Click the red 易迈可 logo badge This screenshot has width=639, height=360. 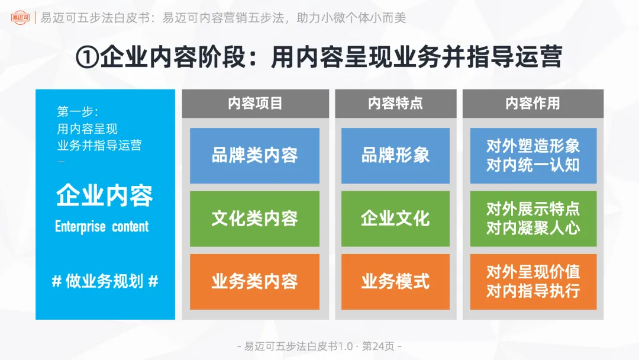click(x=20, y=18)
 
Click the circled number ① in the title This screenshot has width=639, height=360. click(x=88, y=57)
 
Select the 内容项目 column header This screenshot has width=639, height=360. click(x=255, y=104)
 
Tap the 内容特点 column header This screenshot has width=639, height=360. click(x=395, y=104)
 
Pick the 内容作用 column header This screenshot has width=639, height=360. click(x=532, y=104)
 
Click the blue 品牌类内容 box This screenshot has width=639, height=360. click(x=254, y=156)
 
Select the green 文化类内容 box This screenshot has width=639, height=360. click(x=254, y=218)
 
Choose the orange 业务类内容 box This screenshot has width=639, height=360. click(x=254, y=281)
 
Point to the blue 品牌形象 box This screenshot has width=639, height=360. click(x=395, y=156)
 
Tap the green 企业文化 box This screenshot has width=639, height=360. click(x=395, y=218)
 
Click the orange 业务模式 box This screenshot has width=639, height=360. click(x=395, y=281)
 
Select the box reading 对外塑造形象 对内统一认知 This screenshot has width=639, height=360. click(x=533, y=156)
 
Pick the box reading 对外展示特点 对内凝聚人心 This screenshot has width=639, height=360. click(x=533, y=218)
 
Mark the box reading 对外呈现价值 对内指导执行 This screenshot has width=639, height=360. click(x=533, y=281)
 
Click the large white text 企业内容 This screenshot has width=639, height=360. click(x=105, y=196)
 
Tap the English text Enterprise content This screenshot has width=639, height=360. click(x=102, y=227)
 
